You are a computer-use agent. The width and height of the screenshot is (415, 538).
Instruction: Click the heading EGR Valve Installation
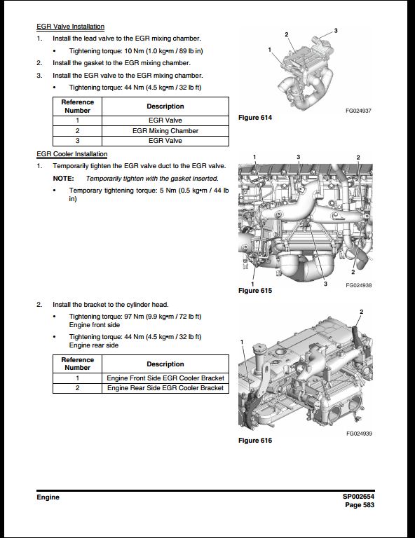point(70,27)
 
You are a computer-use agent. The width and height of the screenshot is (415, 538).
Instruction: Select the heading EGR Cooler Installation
point(72,154)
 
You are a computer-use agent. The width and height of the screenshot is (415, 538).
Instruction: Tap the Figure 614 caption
point(255,118)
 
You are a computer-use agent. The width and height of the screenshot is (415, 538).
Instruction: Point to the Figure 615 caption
point(255,291)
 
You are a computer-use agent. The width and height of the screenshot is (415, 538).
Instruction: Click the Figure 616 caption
point(255,441)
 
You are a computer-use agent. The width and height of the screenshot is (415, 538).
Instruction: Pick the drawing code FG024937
point(358,111)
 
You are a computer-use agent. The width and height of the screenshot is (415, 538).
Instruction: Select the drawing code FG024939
point(358,434)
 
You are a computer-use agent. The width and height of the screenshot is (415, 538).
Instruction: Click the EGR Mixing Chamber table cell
point(165,130)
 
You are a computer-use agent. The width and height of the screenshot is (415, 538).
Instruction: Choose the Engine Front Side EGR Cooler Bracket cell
point(165,378)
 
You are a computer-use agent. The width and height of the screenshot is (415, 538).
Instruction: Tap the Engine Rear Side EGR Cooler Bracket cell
point(165,387)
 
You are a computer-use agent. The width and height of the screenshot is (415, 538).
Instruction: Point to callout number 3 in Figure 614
point(336,31)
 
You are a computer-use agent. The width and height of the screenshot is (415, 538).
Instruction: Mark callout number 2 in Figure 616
point(361,311)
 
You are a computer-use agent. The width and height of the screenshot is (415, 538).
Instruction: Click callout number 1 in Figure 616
point(242,341)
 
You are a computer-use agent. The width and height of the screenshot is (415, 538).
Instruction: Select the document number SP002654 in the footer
point(359,497)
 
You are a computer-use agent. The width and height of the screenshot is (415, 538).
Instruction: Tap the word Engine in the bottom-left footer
point(48,497)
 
